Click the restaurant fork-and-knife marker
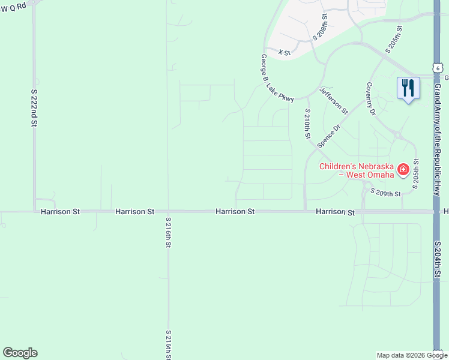407,88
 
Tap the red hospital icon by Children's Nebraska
403,170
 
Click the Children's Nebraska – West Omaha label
357,170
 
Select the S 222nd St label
34,108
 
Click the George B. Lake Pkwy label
277,79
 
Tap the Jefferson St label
334,100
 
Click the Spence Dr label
328,136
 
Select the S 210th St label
307,124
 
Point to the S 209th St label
385,193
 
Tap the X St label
285,53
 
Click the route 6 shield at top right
438,68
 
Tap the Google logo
20,353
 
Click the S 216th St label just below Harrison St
168,232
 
